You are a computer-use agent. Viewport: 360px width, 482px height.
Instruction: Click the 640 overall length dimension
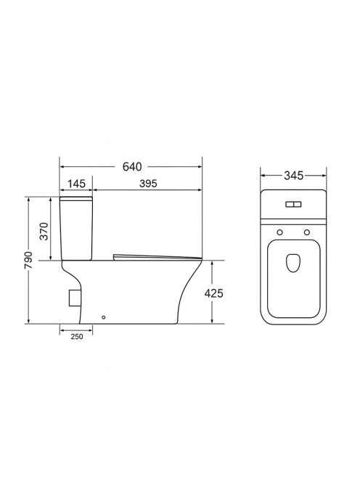tap(132, 167)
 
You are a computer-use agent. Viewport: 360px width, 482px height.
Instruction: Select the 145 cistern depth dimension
tap(76, 184)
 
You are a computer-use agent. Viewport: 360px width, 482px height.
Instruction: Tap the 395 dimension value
tap(148, 184)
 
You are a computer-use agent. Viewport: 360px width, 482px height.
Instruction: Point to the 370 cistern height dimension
tap(45, 231)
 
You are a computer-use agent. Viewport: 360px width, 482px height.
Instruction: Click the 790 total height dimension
tap(28, 260)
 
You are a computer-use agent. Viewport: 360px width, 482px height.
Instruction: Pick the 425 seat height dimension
tap(213, 293)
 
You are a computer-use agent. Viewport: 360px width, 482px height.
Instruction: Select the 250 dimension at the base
tap(77, 337)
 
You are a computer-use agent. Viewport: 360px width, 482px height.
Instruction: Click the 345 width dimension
tap(294, 176)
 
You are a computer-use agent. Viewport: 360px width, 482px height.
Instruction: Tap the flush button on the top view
tap(293, 204)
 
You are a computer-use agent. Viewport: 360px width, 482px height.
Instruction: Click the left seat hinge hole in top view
tap(279, 232)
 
